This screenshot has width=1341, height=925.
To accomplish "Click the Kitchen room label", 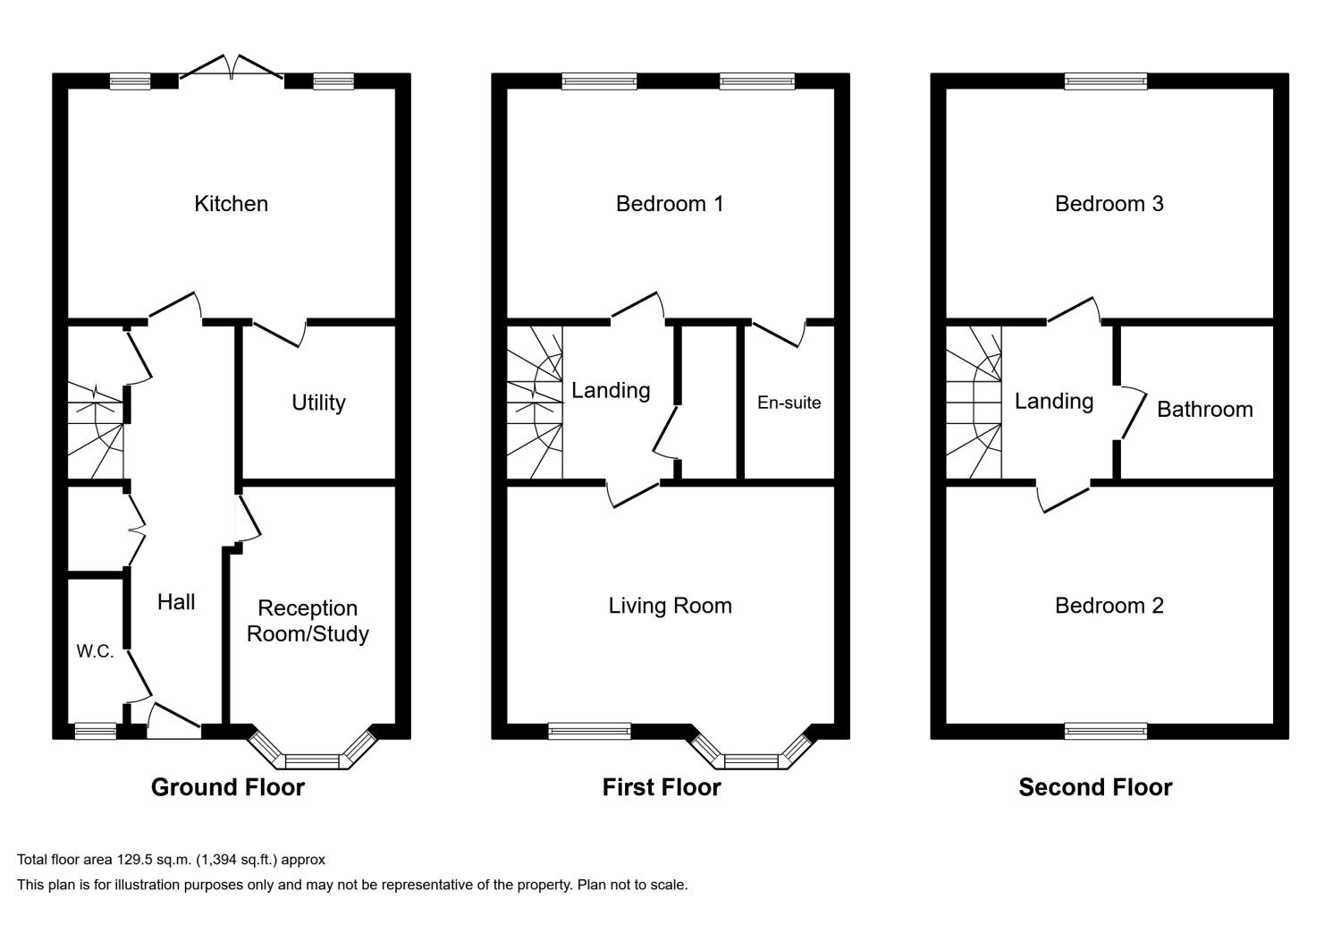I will (x=231, y=204).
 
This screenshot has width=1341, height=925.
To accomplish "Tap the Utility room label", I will (x=318, y=403).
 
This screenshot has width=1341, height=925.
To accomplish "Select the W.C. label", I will (x=95, y=651).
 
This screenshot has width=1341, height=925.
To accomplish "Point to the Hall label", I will (x=176, y=602).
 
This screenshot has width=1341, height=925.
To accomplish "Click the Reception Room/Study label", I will (x=308, y=621).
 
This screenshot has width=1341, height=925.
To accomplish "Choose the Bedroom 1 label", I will (x=670, y=204).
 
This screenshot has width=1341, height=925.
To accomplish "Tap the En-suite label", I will (x=789, y=403).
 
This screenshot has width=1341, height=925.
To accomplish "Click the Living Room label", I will (x=670, y=606).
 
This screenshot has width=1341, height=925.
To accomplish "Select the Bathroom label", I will (x=1204, y=410).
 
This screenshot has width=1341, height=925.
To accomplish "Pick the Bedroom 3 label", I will (x=1109, y=204).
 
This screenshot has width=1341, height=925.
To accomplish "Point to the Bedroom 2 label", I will (x=1109, y=606).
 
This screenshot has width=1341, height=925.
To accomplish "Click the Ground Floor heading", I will (x=227, y=787).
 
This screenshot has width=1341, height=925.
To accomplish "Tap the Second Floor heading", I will (x=1095, y=787).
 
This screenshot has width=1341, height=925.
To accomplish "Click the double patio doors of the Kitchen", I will (x=232, y=70).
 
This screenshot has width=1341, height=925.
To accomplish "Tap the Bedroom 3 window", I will (x=1105, y=81).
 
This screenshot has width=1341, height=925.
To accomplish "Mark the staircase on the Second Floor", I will (x=974, y=403).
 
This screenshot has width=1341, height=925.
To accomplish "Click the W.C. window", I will (x=95, y=731).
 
